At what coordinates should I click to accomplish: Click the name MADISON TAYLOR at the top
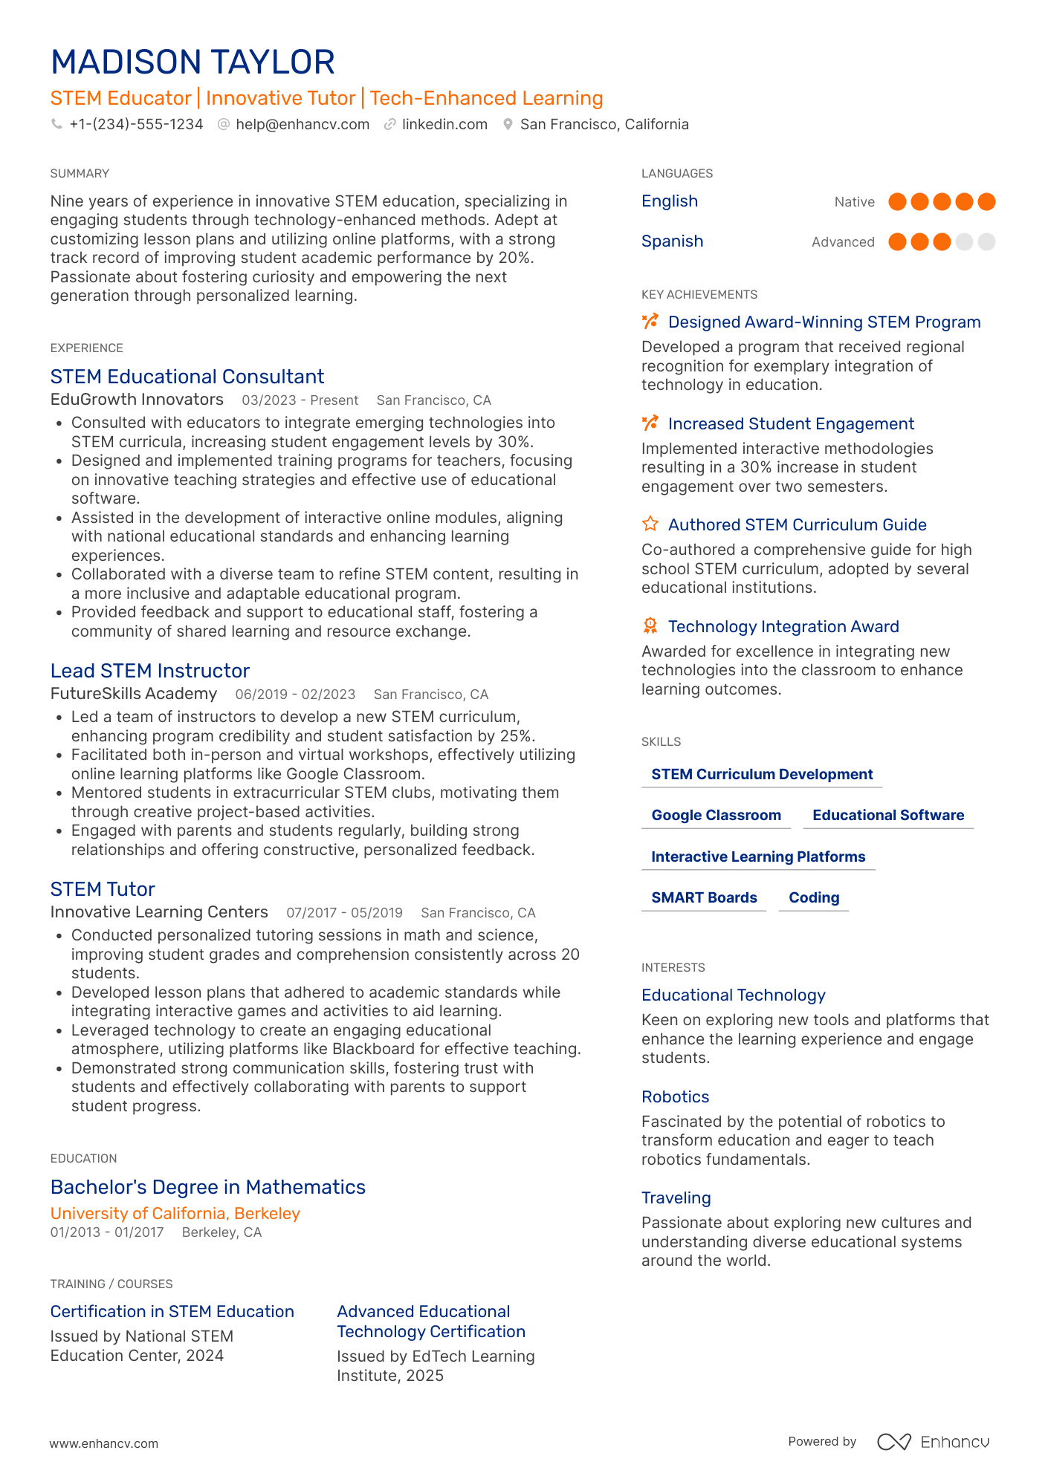click(193, 62)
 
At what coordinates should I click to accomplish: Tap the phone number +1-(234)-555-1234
click(136, 125)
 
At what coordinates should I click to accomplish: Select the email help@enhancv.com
click(303, 125)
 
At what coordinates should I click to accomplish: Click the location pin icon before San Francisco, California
click(508, 125)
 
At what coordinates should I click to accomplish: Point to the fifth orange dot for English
click(986, 202)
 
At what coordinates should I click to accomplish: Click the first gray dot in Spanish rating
click(964, 242)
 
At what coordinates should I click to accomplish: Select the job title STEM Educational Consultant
click(187, 377)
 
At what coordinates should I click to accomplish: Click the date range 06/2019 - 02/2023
click(295, 695)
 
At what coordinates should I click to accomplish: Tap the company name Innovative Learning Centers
click(159, 912)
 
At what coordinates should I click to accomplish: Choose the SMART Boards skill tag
click(704, 898)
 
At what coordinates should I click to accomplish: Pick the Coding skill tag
click(814, 898)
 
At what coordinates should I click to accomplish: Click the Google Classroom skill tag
click(716, 816)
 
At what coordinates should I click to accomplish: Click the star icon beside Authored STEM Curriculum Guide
click(650, 524)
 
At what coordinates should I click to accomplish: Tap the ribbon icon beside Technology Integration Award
click(650, 626)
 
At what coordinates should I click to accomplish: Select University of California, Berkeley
click(175, 1214)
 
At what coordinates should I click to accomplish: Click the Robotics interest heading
click(675, 1097)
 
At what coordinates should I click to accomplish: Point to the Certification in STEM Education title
click(172, 1312)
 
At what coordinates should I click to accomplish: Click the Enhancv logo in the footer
click(933, 1442)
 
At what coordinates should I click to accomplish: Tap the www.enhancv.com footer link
click(104, 1443)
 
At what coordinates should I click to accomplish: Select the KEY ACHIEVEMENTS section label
click(699, 295)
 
